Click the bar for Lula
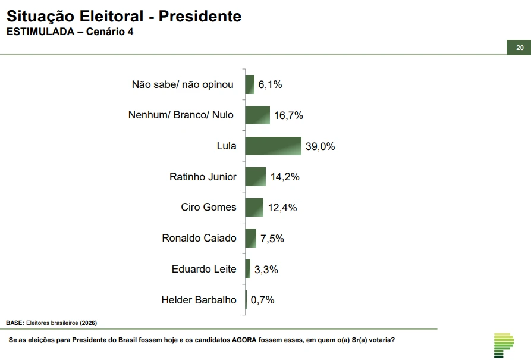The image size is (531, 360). pyautogui.click(x=273, y=146)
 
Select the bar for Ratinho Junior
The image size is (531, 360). pyautogui.click(x=255, y=177)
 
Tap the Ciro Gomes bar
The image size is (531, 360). pyautogui.click(x=254, y=208)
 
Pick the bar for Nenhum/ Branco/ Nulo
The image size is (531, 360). pyautogui.click(x=257, y=115)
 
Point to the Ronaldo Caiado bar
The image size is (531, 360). pyautogui.click(x=250, y=238)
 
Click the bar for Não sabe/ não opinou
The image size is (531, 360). pyautogui.click(x=250, y=84)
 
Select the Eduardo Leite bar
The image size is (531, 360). pyautogui.click(x=247, y=269)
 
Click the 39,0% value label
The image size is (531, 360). pyautogui.click(x=321, y=146)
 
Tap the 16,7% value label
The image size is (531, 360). pyautogui.click(x=289, y=115)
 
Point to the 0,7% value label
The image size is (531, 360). pyautogui.click(x=263, y=300)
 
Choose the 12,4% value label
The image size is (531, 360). pyautogui.click(x=282, y=208)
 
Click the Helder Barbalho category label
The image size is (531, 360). pyautogui.click(x=199, y=300)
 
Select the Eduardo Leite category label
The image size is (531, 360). pyautogui.click(x=204, y=269)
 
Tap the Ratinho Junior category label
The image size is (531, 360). pyautogui.click(x=203, y=177)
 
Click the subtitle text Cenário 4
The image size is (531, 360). pyautogui.click(x=109, y=32)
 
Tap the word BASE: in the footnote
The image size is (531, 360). pyautogui.click(x=15, y=323)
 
